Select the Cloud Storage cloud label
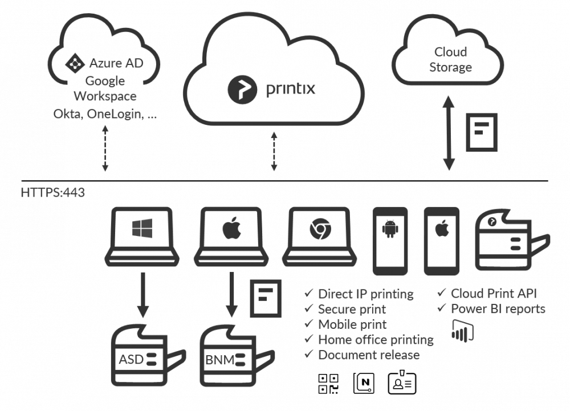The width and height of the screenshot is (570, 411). click(450, 60)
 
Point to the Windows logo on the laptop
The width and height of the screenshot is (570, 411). click(142, 229)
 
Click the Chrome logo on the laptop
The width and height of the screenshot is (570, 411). click(317, 229)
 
